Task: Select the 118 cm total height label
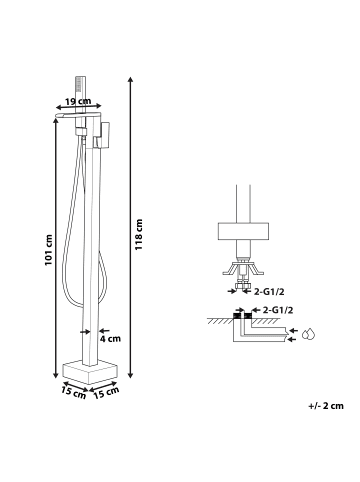point(138,235)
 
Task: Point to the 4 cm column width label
point(110,339)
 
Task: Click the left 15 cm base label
point(74,392)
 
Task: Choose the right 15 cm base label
point(106,393)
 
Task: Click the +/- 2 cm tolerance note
point(326,406)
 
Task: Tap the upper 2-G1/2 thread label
point(269,292)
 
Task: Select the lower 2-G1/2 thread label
point(278,310)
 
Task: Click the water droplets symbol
point(309,334)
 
